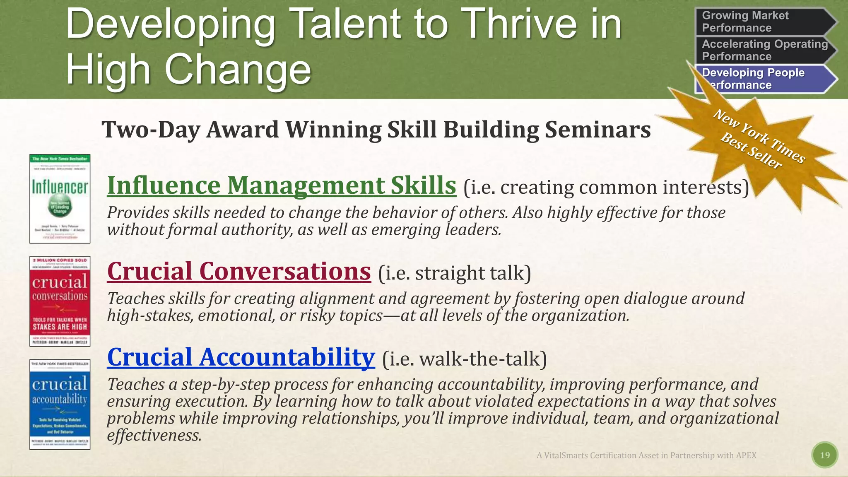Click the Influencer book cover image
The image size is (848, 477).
pos(60,199)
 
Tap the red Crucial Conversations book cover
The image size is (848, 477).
pos(60,301)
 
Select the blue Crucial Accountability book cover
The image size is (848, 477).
pos(60,404)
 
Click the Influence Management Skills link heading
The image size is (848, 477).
pos(282,185)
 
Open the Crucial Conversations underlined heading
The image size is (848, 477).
pos(239,271)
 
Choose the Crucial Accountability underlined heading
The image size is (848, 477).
pos(241,357)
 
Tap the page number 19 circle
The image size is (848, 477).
pos(825,455)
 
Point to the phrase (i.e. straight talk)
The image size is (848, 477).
pos(454,273)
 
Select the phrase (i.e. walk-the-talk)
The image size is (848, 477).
pos(464,359)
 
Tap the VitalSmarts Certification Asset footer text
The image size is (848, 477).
pos(646,455)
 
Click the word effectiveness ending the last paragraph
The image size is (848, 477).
pos(154,435)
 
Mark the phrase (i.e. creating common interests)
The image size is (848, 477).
pos(606,187)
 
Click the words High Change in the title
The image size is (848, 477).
pos(188,69)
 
